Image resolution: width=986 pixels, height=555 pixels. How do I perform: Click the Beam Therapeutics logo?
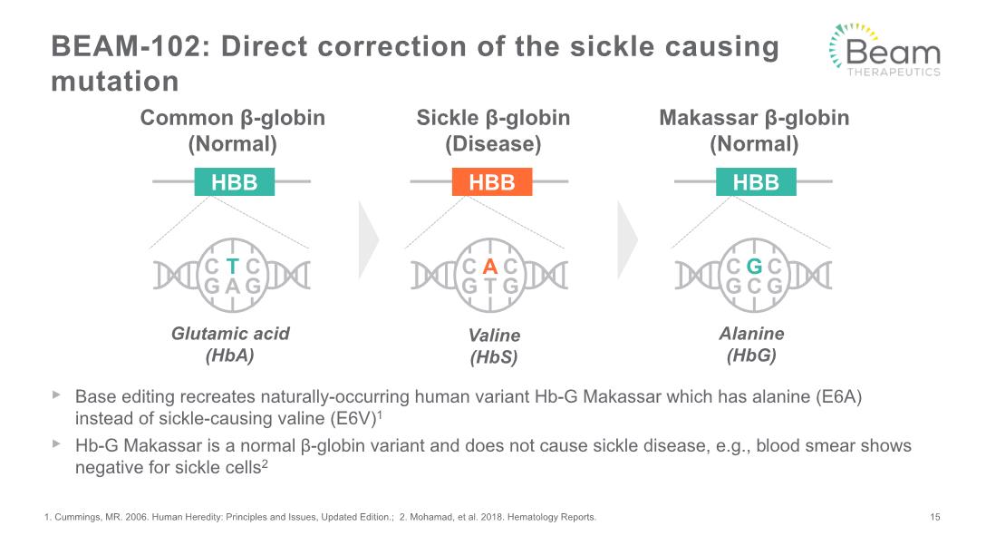pyautogui.click(x=885, y=50)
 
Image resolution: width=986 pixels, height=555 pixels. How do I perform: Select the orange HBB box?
pyautogui.click(x=492, y=182)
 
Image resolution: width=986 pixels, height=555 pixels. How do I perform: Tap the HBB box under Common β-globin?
pyautogui.click(x=234, y=182)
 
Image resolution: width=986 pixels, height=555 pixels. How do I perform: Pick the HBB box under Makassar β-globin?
pyautogui.click(x=756, y=182)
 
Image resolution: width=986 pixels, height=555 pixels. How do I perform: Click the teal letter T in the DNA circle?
pyautogui.click(x=233, y=267)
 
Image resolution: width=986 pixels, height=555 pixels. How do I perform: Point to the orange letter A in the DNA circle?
pyautogui.click(x=490, y=267)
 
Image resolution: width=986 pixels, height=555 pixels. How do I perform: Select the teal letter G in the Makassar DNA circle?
pyautogui.click(x=754, y=267)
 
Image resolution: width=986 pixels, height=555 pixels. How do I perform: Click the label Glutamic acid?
pyautogui.click(x=230, y=334)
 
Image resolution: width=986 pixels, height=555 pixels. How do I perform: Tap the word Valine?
pyautogui.click(x=494, y=336)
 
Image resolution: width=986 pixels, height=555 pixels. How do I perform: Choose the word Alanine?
pyautogui.click(x=751, y=334)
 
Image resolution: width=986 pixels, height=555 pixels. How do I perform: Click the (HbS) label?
pyautogui.click(x=494, y=357)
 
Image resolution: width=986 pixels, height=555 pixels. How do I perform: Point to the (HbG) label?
pyautogui.click(x=751, y=355)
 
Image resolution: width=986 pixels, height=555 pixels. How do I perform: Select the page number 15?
pyautogui.click(x=935, y=517)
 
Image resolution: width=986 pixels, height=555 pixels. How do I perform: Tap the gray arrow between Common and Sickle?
pyautogui.click(x=369, y=239)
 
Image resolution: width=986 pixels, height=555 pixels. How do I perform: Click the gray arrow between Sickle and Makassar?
pyautogui.click(x=627, y=239)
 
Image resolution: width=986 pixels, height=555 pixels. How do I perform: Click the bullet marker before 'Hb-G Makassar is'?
pyautogui.click(x=56, y=444)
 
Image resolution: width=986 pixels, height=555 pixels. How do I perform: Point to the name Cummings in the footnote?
pyautogui.click(x=77, y=517)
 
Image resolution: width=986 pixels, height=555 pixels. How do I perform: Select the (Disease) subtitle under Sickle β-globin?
pyautogui.click(x=493, y=144)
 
